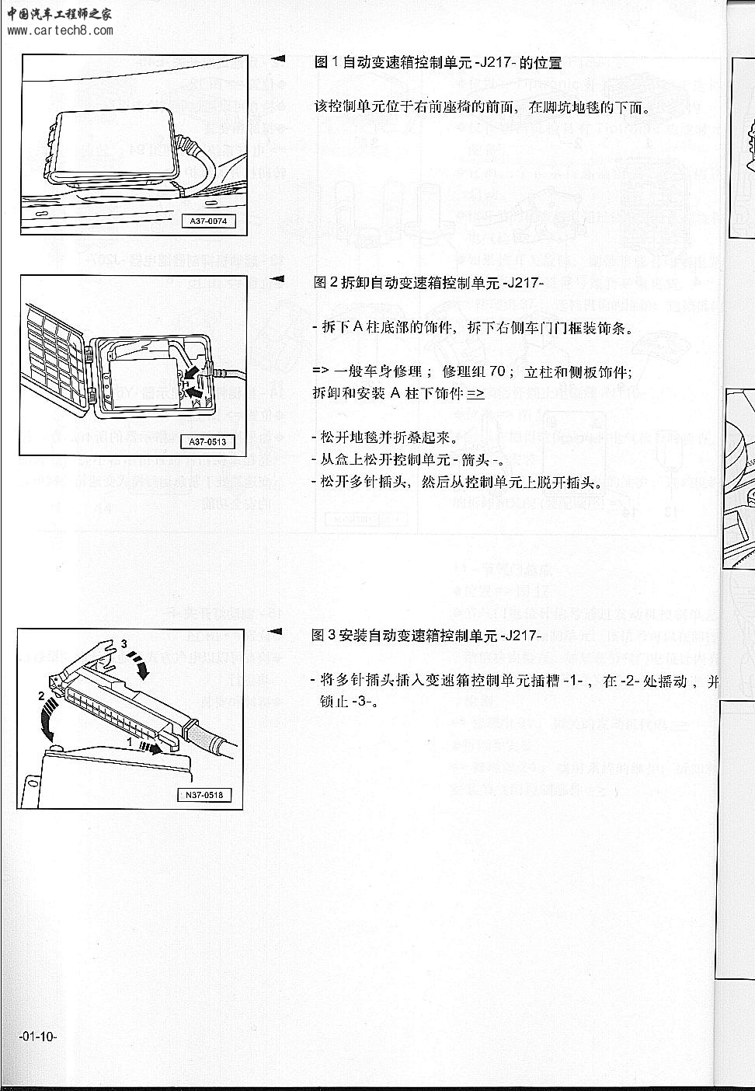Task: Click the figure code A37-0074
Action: (x=207, y=221)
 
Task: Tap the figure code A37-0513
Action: (x=207, y=442)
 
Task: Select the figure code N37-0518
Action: (x=204, y=795)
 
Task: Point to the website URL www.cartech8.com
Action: (x=61, y=31)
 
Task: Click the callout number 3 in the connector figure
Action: (x=123, y=643)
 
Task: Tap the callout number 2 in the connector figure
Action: (x=41, y=697)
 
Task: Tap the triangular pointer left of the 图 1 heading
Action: (x=278, y=59)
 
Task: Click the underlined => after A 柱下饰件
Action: (x=475, y=393)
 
